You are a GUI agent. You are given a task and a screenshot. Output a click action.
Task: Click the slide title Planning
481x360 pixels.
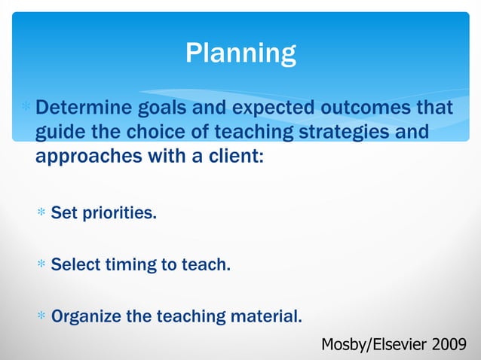click(x=240, y=53)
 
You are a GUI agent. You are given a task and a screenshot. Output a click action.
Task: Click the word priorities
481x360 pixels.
click(x=120, y=213)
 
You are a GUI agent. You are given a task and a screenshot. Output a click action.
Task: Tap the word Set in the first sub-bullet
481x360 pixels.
click(x=63, y=213)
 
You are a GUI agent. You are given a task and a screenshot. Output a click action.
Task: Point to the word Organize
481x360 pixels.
click(x=86, y=316)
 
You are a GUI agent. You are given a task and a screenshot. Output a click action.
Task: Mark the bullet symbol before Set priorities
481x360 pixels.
click(x=42, y=214)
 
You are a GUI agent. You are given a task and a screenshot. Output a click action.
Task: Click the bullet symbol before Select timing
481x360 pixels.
click(x=42, y=265)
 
